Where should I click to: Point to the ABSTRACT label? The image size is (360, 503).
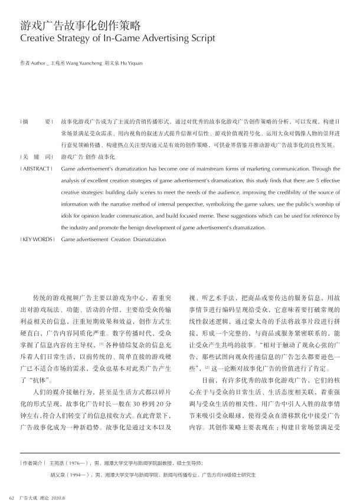click(x=35, y=169)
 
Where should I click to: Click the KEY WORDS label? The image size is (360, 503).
click(x=37, y=239)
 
